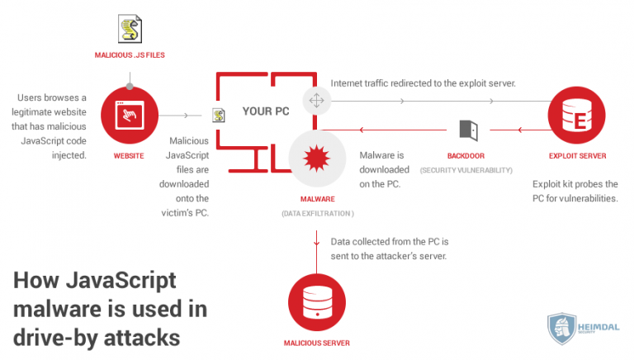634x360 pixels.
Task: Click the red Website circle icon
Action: pyautogui.click(x=129, y=116)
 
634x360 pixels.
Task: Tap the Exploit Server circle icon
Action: pyautogui.click(x=577, y=116)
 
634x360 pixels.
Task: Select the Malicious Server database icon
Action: pyautogui.click(x=317, y=301)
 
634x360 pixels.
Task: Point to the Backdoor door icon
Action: pyautogui.click(x=468, y=130)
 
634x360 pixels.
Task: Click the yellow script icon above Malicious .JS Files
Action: pyautogui.click(x=129, y=31)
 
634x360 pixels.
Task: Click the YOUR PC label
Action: pyautogui.click(x=265, y=110)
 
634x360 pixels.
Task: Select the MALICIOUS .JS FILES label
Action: pyautogui.click(x=129, y=55)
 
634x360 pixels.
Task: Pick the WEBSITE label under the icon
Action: pyautogui.click(x=129, y=154)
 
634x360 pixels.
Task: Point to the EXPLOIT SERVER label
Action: pyautogui.click(x=577, y=154)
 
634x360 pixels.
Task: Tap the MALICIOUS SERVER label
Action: pyautogui.click(x=317, y=341)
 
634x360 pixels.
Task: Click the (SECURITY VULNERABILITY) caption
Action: pyautogui.click(x=466, y=170)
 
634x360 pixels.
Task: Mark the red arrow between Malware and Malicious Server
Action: pyautogui.click(x=317, y=239)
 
